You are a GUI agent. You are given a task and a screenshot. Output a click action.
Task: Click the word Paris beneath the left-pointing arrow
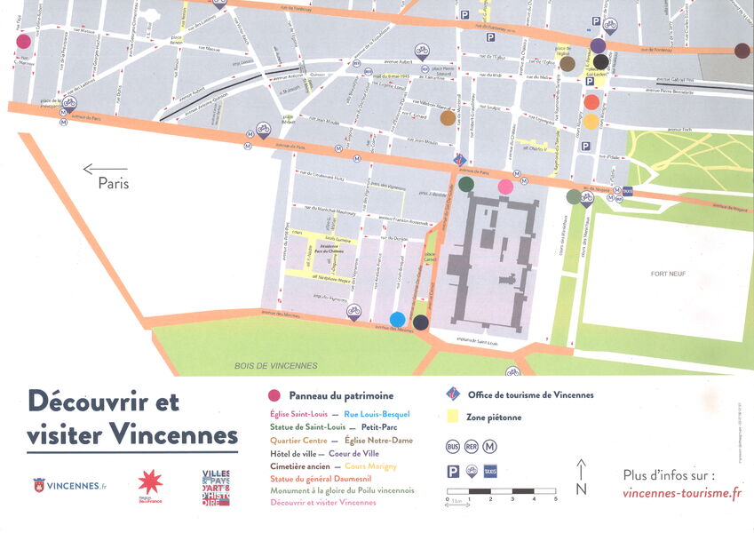pyautogui.click(x=114, y=184)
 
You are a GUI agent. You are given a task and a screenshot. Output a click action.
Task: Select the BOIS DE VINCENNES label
pyautogui.click(x=276, y=365)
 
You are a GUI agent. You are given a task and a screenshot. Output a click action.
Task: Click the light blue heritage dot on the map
pyautogui.click(x=397, y=320)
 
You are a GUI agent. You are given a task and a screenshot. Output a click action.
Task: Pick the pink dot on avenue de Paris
pyautogui.click(x=505, y=187)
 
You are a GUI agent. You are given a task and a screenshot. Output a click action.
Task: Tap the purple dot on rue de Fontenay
pyautogui.click(x=598, y=45)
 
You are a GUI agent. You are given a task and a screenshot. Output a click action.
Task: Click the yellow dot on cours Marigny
pyautogui.click(x=591, y=122)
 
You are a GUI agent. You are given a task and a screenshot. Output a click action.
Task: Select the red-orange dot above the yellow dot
pyautogui.click(x=591, y=102)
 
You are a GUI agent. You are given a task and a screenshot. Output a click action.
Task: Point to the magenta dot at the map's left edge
pyautogui.click(x=23, y=41)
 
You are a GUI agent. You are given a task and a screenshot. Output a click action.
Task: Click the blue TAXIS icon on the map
pyautogui.click(x=628, y=191)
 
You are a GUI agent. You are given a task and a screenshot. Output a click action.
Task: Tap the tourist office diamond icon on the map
pyautogui.click(x=459, y=160)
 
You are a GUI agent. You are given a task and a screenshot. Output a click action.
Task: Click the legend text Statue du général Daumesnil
pyautogui.click(x=324, y=478)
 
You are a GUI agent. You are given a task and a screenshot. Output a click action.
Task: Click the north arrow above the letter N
pyautogui.click(x=582, y=467)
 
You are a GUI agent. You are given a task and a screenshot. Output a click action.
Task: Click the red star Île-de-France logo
pyautogui.click(x=150, y=482)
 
